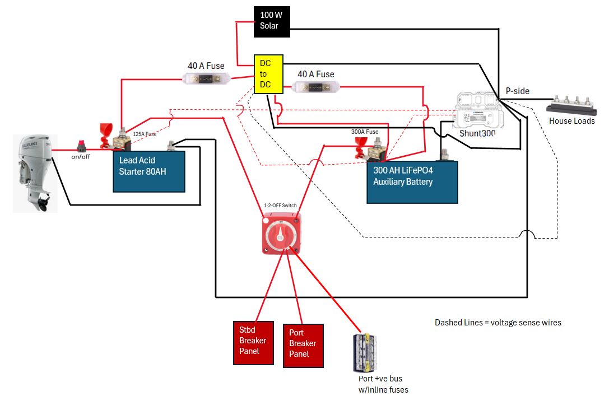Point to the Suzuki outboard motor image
[x=35, y=173]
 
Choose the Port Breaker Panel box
[x=303, y=346]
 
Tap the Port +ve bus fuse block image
[x=364, y=353]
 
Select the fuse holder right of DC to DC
[x=316, y=87]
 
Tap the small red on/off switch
[x=82, y=147]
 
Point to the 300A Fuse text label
[x=365, y=132]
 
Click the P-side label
[x=517, y=91]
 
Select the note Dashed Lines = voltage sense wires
[x=498, y=323]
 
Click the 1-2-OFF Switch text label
[x=280, y=206]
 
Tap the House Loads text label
[x=571, y=121]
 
